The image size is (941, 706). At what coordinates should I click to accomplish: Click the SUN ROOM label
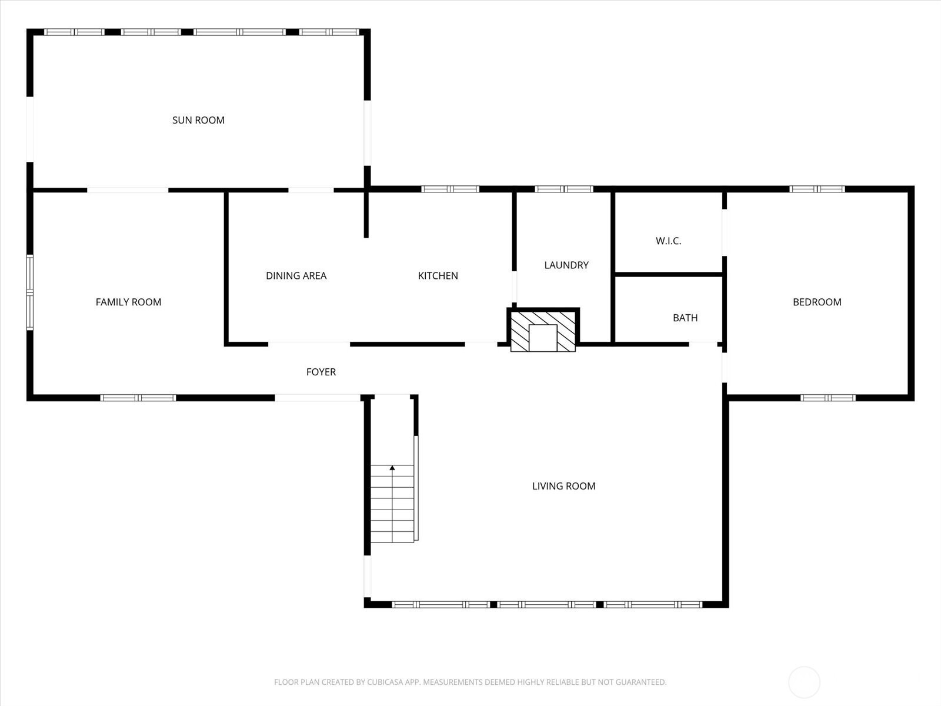tap(198, 120)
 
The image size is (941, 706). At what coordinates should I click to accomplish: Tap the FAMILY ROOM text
tap(128, 302)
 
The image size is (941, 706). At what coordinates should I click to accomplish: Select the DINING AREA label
tap(296, 275)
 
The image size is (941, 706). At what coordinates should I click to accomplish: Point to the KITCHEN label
tap(438, 275)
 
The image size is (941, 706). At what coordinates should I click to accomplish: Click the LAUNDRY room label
tap(566, 265)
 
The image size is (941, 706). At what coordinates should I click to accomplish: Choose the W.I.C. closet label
tap(668, 241)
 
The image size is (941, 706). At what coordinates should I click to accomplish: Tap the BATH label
tap(685, 318)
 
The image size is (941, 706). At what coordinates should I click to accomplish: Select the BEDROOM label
tap(817, 302)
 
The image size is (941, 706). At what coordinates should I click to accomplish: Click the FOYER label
tap(321, 372)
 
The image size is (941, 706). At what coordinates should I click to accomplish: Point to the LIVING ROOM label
tap(563, 486)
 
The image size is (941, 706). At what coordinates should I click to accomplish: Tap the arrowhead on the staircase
tap(392, 468)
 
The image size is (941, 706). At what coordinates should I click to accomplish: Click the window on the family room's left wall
tap(29, 292)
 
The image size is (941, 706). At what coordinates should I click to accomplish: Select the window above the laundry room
tap(564, 189)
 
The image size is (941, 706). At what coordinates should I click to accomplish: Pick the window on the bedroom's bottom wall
tap(827, 398)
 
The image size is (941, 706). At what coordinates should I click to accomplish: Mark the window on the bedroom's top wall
tap(817, 189)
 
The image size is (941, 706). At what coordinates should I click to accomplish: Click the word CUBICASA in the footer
tap(382, 682)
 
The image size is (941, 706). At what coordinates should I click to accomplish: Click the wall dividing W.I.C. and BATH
tap(669, 274)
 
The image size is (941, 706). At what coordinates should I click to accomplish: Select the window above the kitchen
tap(450, 189)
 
